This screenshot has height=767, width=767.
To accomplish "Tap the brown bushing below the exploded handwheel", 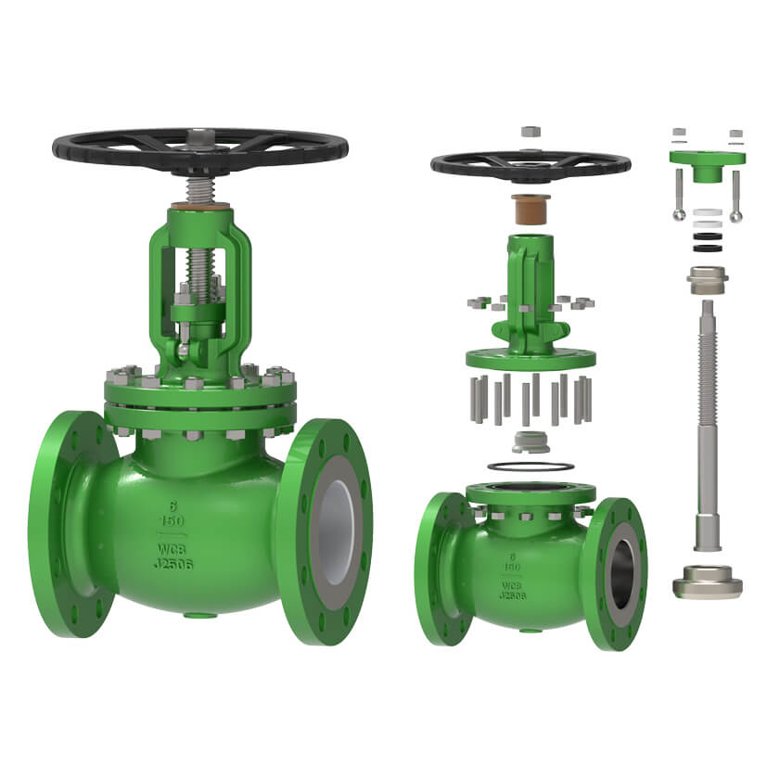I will [531, 209].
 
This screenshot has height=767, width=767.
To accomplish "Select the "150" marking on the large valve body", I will [173, 520].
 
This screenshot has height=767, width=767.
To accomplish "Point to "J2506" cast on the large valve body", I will [173, 563].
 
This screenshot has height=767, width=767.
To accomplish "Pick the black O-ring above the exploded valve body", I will [531, 465].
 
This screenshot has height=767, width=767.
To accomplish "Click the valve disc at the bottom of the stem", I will [706, 581].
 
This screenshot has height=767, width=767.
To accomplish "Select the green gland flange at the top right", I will [707, 159].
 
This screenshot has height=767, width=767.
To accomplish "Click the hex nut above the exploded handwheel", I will [531, 132].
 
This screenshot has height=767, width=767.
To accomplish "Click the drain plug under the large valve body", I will [195, 614].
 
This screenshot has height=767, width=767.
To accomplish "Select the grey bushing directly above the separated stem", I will [707, 277].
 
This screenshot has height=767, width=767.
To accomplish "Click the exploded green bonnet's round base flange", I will [531, 358].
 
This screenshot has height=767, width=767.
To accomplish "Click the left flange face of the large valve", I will [70, 525].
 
